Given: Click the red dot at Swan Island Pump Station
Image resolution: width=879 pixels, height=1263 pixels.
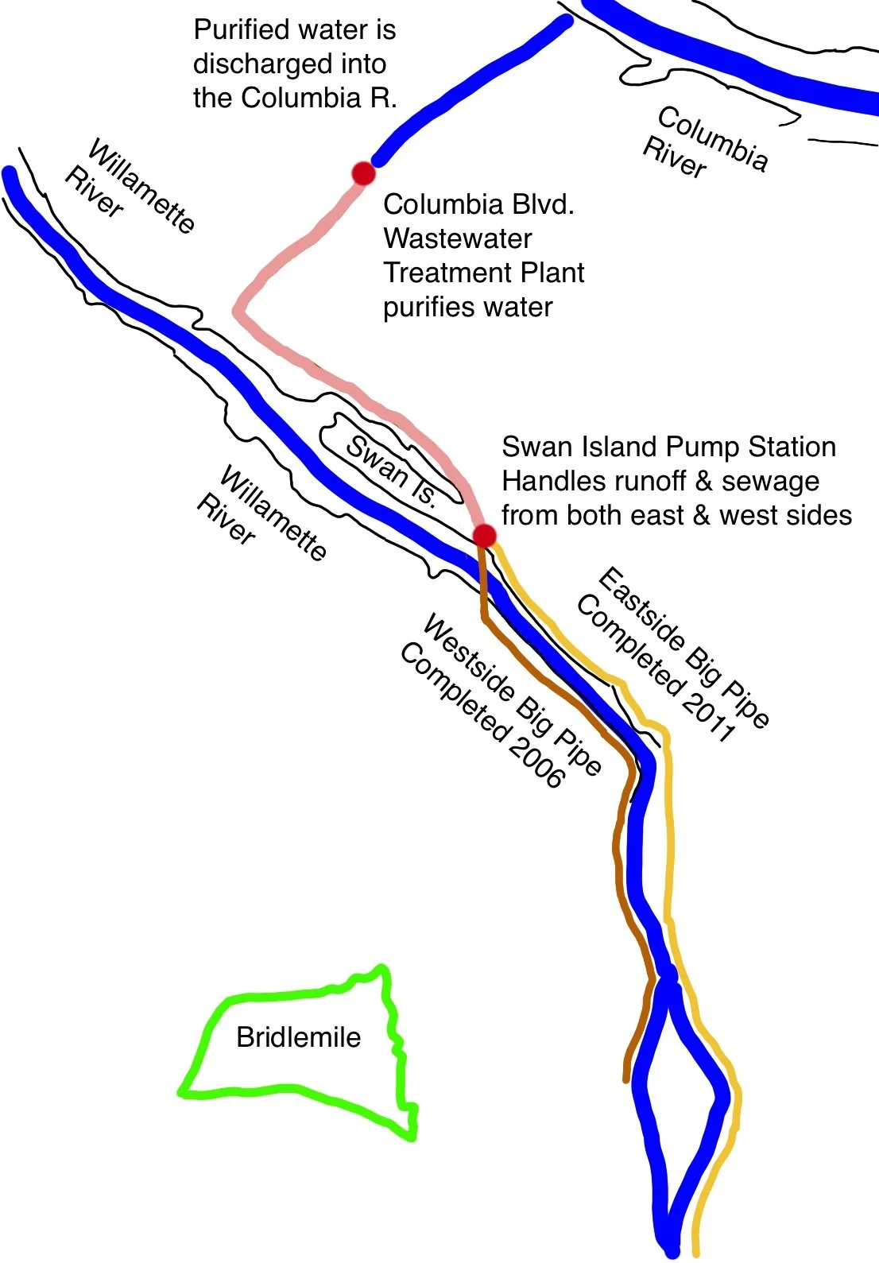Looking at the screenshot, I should click(x=484, y=536).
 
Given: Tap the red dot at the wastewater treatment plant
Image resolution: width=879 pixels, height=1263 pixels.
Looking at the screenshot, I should click(x=363, y=172).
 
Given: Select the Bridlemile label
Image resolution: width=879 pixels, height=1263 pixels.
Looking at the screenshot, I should click(x=298, y=1037).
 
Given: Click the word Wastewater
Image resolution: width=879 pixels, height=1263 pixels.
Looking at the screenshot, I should click(x=458, y=238).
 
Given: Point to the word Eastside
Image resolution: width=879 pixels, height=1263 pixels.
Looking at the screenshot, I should click(x=640, y=608).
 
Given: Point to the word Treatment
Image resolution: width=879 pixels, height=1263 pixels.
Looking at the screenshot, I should click(x=484, y=273).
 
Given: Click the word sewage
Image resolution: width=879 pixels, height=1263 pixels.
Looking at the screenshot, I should click(x=770, y=481).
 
